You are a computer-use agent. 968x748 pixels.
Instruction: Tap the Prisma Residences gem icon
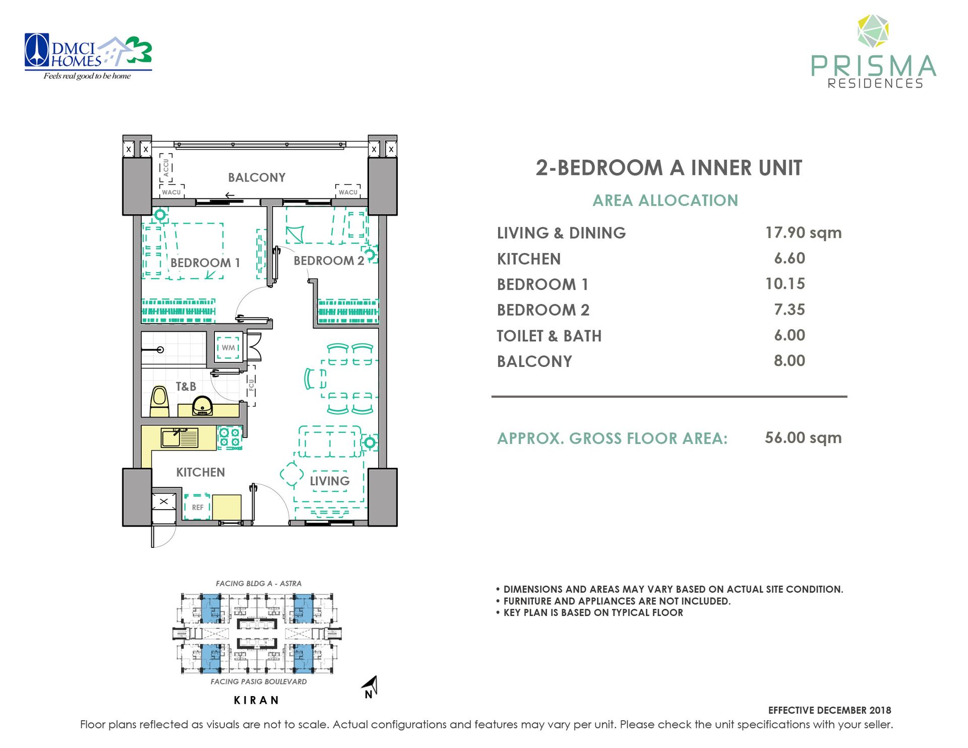click(873, 32)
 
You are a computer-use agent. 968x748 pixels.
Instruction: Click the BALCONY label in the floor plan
click(257, 177)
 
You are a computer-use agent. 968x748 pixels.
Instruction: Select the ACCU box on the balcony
click(166, 168)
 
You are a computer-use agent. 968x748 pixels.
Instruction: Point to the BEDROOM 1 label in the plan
click(205, 263)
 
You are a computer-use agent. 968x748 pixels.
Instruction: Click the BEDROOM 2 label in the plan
click(329, 261)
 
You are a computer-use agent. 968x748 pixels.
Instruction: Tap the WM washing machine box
click(228, 347)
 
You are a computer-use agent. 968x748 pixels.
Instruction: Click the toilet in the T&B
click(160, 402)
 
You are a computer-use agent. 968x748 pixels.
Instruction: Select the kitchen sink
click(179, 438)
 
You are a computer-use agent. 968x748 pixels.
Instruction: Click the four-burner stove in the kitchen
click(229, 437)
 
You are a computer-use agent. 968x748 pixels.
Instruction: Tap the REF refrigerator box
click(197, 507)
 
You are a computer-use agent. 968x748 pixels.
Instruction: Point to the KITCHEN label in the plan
click(201, 472)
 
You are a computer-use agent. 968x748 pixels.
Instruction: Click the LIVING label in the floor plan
click(330, 481)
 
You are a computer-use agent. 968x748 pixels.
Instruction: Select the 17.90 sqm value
click(803, 232)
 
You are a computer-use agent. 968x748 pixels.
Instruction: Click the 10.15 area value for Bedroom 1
click(785, 284)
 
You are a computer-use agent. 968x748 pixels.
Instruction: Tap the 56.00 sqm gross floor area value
click(803, 438)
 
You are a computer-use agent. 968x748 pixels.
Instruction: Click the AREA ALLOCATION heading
click(665, 200)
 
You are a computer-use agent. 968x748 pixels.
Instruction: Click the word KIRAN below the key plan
click(257, 700)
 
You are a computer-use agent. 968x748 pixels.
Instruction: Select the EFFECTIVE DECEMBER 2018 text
click(829, 710)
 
